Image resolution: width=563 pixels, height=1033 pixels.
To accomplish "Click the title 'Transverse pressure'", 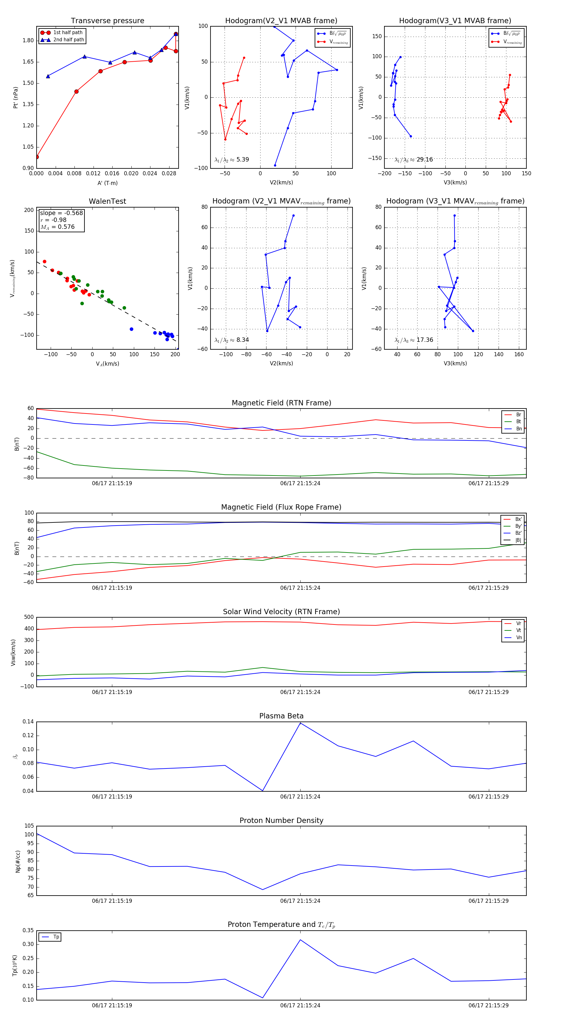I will click(107, 21).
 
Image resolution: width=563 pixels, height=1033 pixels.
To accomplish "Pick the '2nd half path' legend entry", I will click(68, 40).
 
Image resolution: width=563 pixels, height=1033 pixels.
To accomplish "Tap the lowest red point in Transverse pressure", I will click(37, 157).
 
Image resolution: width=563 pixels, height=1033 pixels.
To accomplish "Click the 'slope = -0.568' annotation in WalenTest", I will click(61, 213).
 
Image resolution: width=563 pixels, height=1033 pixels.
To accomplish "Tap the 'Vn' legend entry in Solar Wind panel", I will click(519, 638).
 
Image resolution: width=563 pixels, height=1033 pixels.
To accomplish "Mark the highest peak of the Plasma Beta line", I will click(300, 723).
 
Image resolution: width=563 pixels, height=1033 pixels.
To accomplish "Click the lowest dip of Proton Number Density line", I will click(262, 889).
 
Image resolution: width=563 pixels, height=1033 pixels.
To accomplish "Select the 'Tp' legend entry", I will click(56, 937).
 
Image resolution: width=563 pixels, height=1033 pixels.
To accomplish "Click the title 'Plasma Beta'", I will click(281, 716).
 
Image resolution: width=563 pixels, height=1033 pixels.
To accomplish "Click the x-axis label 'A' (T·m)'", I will click(107, 183).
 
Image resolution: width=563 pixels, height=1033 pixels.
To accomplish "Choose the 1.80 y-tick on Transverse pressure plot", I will click(28, 40).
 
